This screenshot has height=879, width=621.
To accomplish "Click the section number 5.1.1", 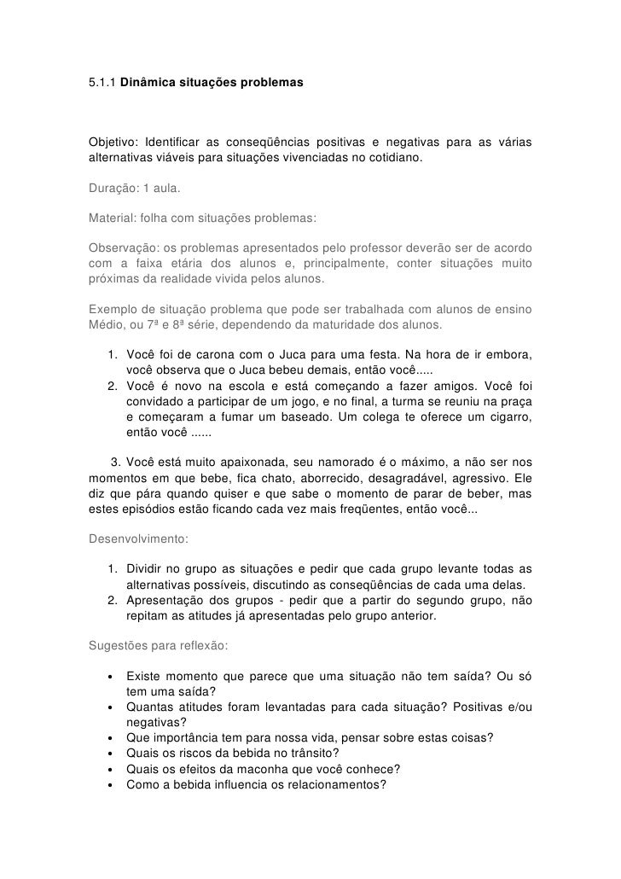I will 102,85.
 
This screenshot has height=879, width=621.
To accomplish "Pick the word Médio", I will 106,326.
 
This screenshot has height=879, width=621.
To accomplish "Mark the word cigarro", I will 508,416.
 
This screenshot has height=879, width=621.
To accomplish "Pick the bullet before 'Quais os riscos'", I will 110,753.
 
